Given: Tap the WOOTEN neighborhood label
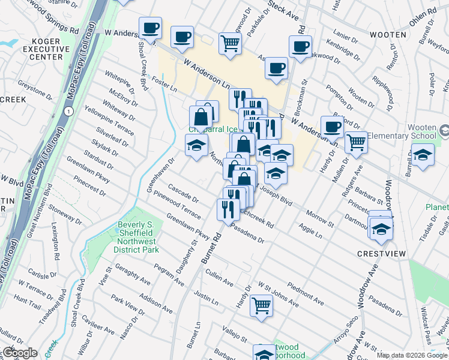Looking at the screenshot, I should [387, 35].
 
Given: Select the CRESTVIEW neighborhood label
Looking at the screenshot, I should [381, 254].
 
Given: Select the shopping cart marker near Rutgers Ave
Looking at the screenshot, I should [356, 142].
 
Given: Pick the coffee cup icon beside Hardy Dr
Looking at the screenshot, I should [332, 127].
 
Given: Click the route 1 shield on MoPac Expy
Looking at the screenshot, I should [70, 112].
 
